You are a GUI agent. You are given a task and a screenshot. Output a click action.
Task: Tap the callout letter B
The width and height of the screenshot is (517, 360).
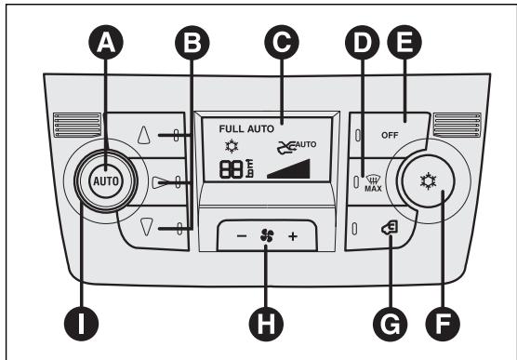pyautogui.click(x=192, y=43)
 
